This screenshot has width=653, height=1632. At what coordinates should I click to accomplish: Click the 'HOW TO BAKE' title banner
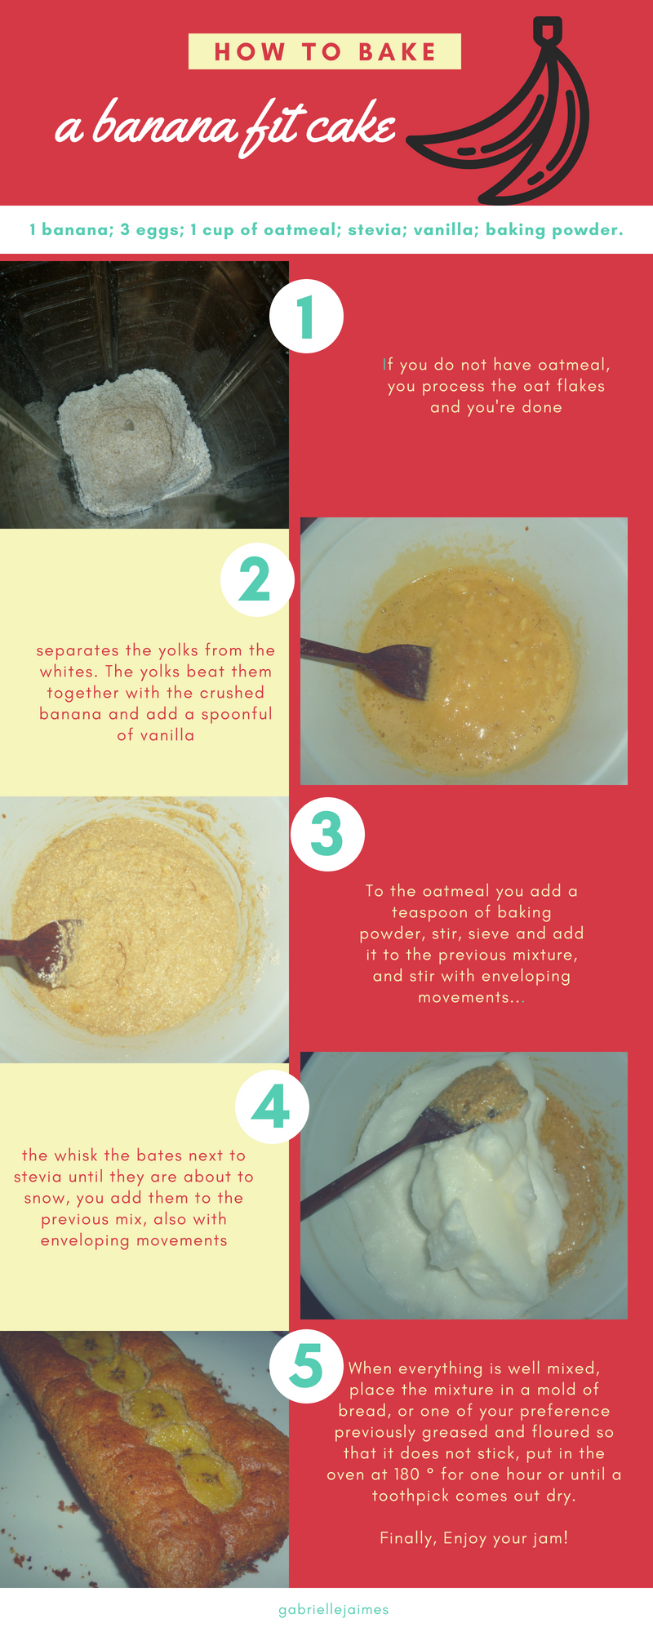coord(325,51)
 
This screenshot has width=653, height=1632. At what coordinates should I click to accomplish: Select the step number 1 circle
coord(306,316)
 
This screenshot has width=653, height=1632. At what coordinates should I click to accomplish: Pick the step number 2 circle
coord(256,579)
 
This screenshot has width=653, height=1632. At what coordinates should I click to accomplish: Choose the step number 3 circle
coord(327,834)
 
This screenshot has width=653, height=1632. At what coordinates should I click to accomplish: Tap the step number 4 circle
coord(272,1107)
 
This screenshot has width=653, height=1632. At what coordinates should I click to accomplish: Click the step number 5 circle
coord(306,1366)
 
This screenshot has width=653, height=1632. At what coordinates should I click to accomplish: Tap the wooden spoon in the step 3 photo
coord(41,948)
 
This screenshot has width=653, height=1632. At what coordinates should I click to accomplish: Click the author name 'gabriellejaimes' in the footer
coord(334,1610)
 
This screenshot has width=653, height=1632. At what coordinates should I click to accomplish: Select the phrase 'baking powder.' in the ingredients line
coord(554,230)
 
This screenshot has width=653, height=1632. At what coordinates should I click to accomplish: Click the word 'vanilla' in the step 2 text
coord(167,735)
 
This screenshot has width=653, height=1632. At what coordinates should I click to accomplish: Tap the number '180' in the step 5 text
coord(406,1475)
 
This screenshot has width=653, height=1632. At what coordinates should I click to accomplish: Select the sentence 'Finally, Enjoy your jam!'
coord(473,1538)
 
